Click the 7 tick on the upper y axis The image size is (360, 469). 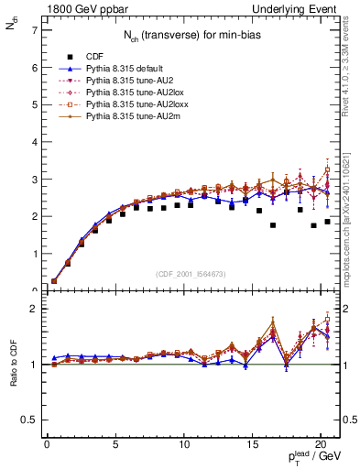tap(35, 30)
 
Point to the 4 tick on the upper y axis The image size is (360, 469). tap(35, 142)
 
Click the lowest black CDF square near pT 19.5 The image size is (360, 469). tap(314, 225)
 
